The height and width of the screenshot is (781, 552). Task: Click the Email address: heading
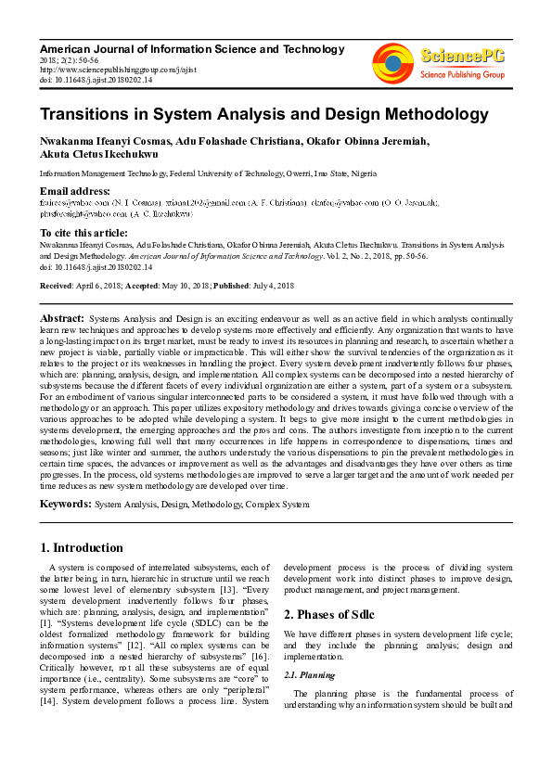click(75, 191)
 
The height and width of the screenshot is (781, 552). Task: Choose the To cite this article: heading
click(84, 232)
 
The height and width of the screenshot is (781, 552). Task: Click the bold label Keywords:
click(65, 504)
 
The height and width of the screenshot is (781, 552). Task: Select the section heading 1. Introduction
click(82, 547)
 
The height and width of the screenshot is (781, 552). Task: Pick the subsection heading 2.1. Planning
click(310, 675)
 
